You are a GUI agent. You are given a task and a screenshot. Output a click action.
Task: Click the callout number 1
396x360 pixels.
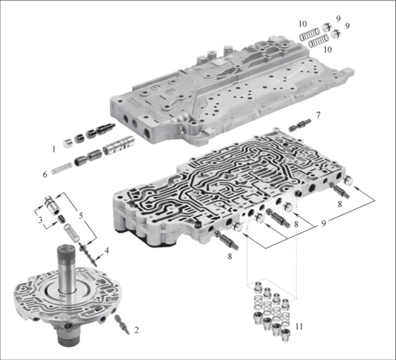coord(54,149)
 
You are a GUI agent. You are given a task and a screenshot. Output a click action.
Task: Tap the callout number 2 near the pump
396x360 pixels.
coord(136,330)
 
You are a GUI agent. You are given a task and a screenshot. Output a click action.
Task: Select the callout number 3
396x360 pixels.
coord(40,220)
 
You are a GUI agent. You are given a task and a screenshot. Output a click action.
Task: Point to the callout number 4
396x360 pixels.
coord(107,251)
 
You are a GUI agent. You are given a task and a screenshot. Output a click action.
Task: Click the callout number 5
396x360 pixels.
coord(81,216)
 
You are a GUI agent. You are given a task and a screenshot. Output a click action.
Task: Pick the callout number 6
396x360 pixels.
coord(45,174)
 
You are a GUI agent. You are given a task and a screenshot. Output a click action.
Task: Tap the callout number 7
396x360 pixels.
coord(318,115)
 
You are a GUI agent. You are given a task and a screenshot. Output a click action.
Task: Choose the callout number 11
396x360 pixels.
coord(299,327)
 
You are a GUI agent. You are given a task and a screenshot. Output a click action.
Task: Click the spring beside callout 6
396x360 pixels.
coord(61,168)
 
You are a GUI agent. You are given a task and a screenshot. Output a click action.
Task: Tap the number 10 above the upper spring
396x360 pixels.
coord(303,24)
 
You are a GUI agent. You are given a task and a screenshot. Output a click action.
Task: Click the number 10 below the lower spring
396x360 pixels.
coord(328,50)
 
